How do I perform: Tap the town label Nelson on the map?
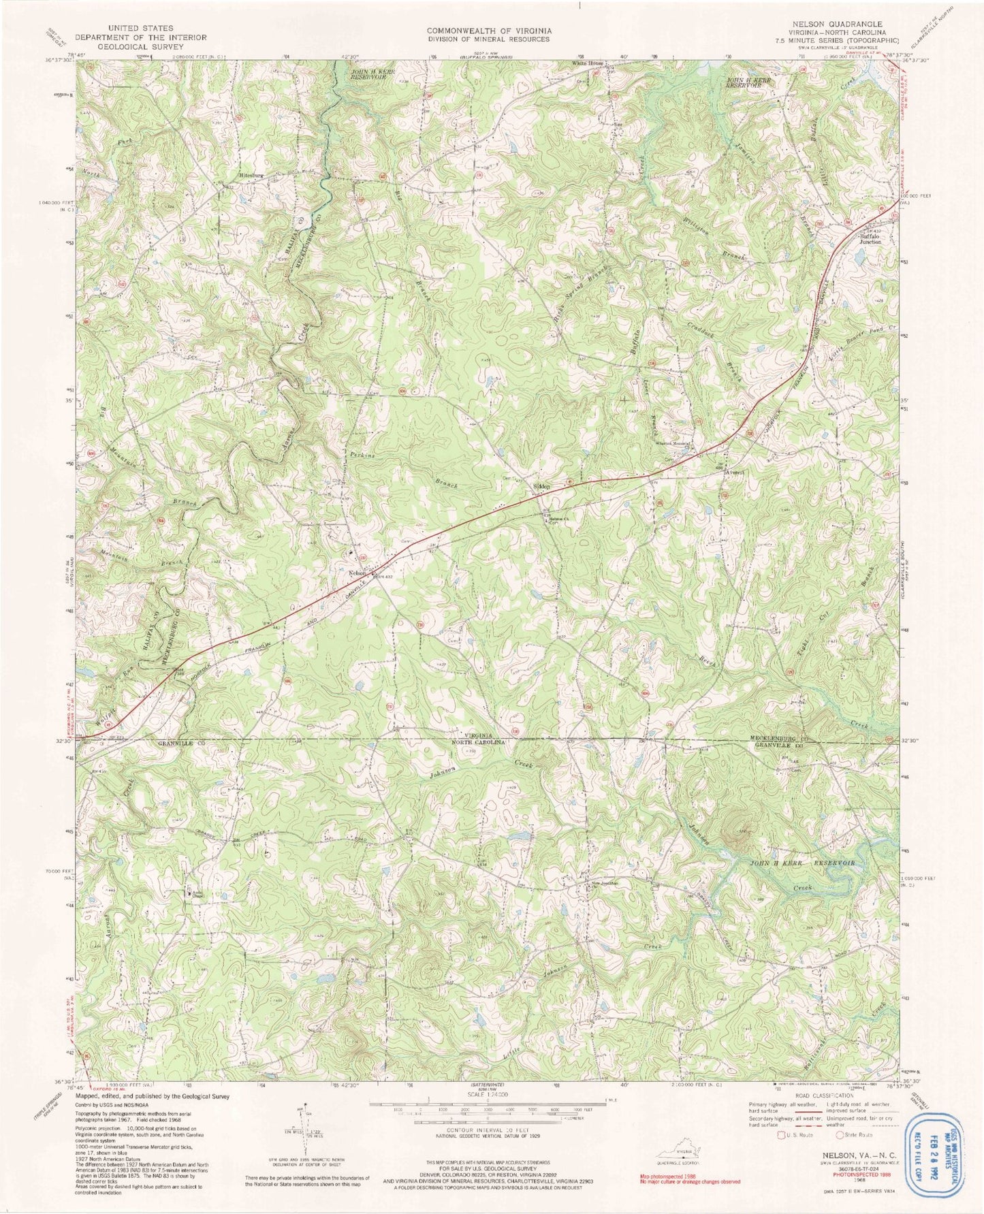(357, 573)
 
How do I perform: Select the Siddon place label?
(542, 487)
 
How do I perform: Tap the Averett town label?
(737, 471)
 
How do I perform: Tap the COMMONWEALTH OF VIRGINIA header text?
(489, 31)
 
